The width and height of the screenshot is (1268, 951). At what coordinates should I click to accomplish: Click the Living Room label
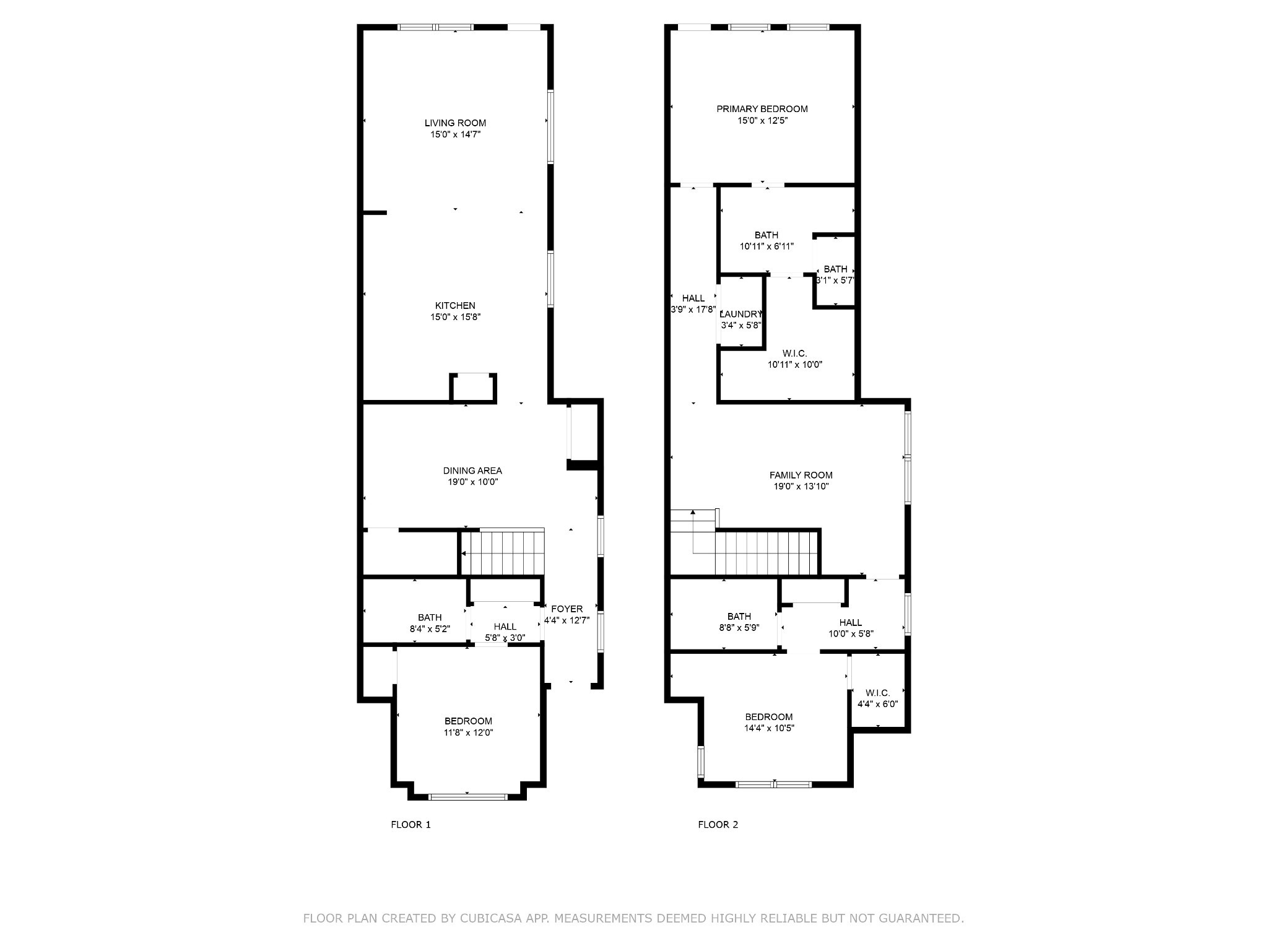(455, 123)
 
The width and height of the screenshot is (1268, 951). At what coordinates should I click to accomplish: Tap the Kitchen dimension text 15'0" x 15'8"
(455, 317)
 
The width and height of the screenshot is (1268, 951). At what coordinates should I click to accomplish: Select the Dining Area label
(472, 471)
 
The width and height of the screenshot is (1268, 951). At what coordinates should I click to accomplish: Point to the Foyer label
(567, 609)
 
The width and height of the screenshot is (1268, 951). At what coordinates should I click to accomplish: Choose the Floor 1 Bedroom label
(468, 721)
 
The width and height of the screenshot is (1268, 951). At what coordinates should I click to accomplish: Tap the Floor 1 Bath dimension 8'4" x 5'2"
(430, 628)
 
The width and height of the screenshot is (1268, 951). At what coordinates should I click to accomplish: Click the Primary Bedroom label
(762, 109)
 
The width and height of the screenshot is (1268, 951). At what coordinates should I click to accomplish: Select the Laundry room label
(740, 314)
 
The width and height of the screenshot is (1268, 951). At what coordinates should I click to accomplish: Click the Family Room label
(801, 475)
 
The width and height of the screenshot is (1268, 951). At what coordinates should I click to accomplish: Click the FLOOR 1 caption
(410, 825)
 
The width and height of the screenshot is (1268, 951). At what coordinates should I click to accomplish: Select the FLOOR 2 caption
(718, 825)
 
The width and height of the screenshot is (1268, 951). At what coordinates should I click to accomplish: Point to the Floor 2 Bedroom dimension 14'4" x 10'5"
(769, 728)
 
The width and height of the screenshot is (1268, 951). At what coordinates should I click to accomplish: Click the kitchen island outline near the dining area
(473, 388)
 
